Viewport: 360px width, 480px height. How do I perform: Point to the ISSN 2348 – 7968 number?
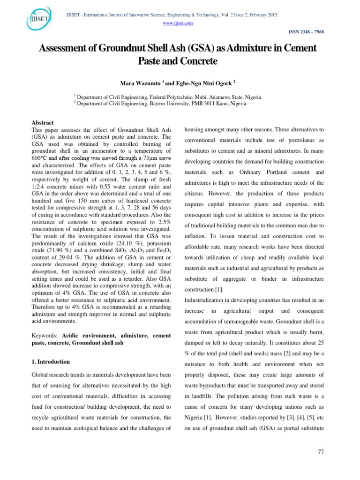pos(303,32)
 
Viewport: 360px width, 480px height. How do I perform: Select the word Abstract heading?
pos(42,122)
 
